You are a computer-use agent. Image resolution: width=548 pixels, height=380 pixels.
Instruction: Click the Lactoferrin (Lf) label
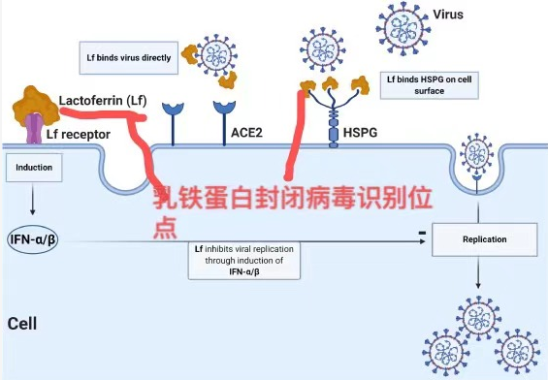pyautogui.click(x=100, y=101)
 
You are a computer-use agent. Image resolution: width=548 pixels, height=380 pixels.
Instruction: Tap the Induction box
pyautogui.click(x=33, y=168)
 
